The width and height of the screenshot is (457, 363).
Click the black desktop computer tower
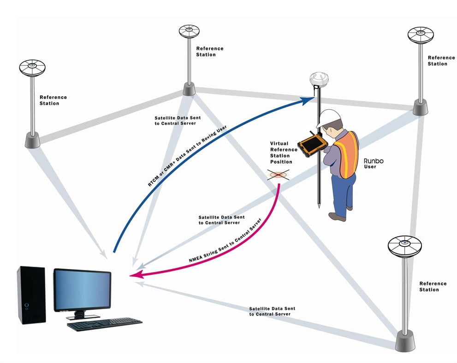31,294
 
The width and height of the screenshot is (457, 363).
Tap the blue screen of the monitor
82,289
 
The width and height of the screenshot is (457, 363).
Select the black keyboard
104,323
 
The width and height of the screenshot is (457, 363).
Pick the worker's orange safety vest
347,154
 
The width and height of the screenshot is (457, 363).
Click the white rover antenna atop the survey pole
318,79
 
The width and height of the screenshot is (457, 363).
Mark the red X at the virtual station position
279,175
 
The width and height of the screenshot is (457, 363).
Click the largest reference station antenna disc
404,246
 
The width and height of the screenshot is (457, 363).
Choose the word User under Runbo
370,167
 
